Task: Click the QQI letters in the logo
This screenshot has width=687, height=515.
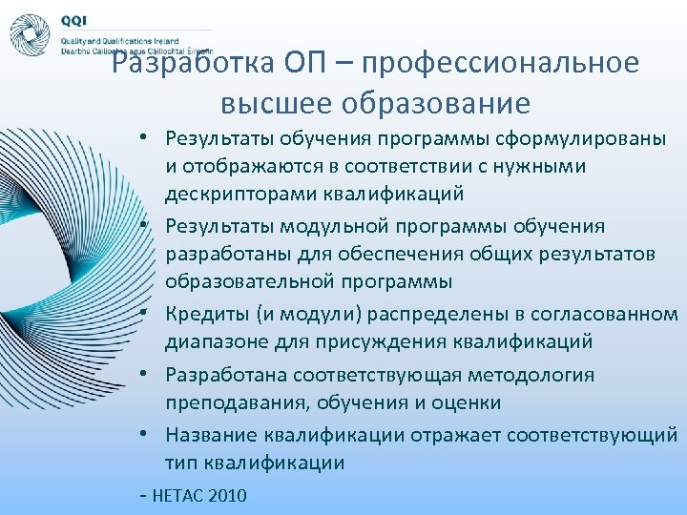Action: pos(73,20)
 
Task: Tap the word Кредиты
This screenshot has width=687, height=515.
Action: pos(204,314)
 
